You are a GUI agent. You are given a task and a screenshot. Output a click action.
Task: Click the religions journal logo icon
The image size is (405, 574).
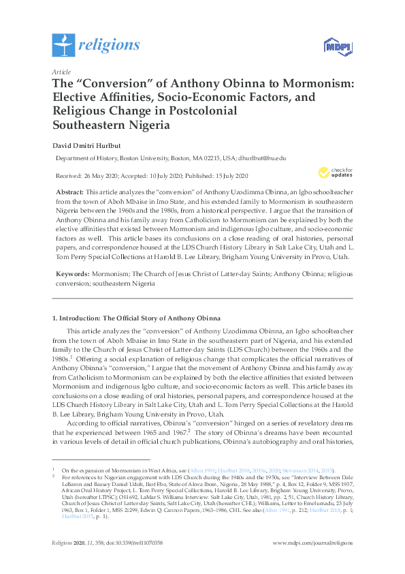coord(63,45)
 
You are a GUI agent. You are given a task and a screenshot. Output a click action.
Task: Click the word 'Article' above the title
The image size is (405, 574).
coord(61,72)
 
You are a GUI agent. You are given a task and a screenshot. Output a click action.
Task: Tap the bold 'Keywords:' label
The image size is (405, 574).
coord(71,273)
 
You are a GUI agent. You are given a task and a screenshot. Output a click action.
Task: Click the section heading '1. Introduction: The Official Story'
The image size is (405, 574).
coord(136,318)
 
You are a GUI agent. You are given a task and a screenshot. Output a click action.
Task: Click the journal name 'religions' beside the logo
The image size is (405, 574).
coord(109,46)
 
